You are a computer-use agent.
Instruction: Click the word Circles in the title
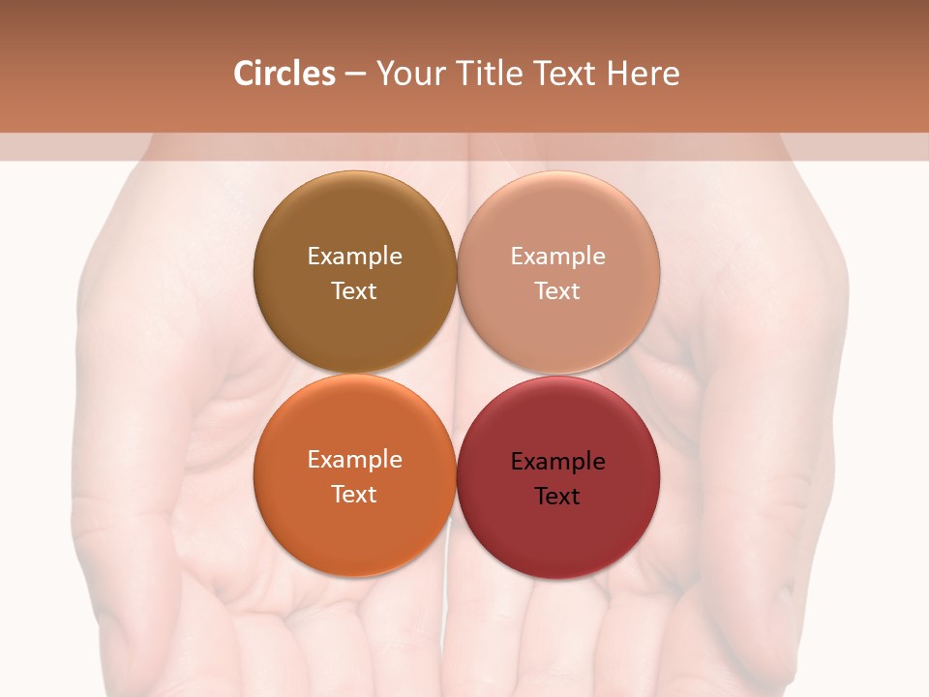tap(285, 74)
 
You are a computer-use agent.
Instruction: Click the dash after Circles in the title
tap(355, 75)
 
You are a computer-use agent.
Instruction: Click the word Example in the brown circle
tap(354, 257)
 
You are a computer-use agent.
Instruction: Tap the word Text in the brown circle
tap(354, 291)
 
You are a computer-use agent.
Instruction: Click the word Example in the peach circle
tap(557, 257)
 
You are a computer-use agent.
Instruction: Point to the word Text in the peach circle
tap(557, 291)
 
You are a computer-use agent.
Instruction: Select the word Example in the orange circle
tap(354, 460)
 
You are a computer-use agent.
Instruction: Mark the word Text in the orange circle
tap(354, 495)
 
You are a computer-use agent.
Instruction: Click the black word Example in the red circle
tap(557, 462)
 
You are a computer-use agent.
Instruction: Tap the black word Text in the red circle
tap(557, 497)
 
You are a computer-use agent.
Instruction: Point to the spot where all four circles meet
tap(457, 374)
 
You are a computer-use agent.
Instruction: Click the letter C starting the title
tap(243, 74)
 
